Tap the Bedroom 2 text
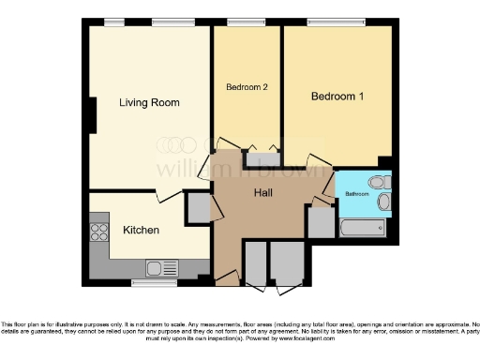247,87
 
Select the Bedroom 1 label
336,97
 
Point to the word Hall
263,193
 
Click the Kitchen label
141,230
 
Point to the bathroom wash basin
382,202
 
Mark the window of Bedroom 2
246,22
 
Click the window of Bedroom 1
335,22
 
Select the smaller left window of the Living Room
114,22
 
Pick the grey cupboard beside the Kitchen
198,207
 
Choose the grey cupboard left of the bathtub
320,221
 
